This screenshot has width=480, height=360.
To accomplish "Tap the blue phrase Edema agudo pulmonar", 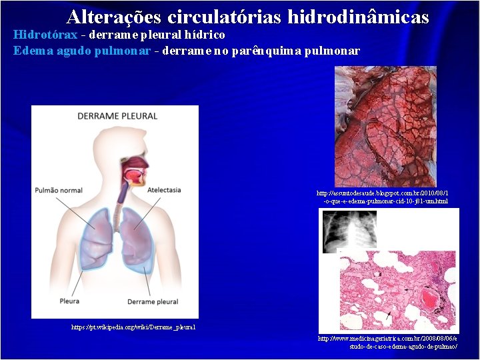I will coord(82,51).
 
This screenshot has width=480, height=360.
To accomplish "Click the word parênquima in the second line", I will coord(264,51).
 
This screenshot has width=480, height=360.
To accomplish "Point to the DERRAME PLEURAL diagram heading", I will coord(117,116).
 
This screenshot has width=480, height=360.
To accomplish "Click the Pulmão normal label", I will coord(59,190).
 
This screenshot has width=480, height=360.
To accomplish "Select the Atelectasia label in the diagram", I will coord(164,190).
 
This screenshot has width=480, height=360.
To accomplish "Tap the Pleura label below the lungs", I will coord(69,301).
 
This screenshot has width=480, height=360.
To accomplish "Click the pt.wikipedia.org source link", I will coord(133,327).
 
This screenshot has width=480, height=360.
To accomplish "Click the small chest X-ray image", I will coord(340,231).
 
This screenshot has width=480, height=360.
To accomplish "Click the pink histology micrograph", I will coord(398,291).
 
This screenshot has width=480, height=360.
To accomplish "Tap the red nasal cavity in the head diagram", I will coord(134,173).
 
